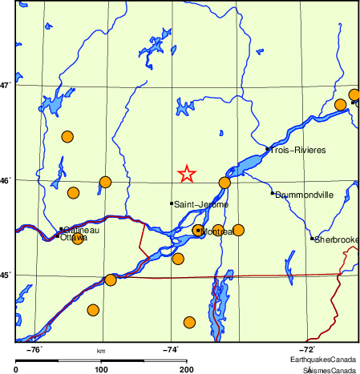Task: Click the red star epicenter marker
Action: (186, 173)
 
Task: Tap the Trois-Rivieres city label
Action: (297, 150)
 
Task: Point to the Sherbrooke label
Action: (336, 239)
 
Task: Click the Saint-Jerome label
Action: (201, 205)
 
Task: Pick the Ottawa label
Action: (74, 238)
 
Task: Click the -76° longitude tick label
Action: (34, 350)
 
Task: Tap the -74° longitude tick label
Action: (171, 350)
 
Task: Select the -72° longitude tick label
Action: (307, 350)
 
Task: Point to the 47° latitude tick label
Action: (6, 85)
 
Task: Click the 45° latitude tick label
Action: (6, 275)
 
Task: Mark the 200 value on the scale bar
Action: (186, 369)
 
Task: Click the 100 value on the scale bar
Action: (101, 369)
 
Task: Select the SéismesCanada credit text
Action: (328, 370)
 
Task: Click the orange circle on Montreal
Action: (198, 231)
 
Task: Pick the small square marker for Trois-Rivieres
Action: (267, 148)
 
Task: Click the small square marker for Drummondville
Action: (273, 193)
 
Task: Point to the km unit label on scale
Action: (101, 351)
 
